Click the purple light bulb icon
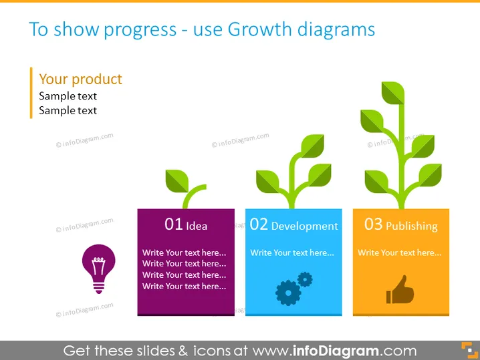point(98,268)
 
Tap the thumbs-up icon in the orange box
point(400,290)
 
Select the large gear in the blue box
point(288,293)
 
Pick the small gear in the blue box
point(305,279)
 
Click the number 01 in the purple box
point(174,224)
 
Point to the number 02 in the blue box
point(259,224)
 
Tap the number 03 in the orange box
point(373,224)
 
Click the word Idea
point(197,226)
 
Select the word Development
point(305,226)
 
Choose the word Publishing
point(412,226)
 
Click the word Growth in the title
point(259,29)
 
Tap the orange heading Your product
point(80,79)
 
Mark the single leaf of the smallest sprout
point(177,181)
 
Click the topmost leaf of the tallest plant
point(392,93)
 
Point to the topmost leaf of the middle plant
point(313,146)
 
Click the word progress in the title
point(140,30)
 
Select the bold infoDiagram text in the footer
point(336,351)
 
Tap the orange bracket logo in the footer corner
point(469,350)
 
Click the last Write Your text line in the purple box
point(185,287)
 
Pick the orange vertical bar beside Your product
point(31,93)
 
